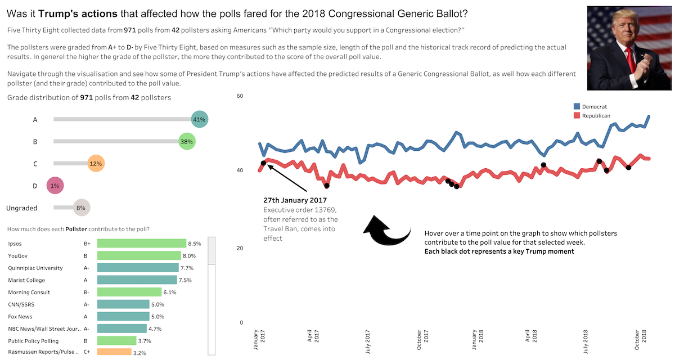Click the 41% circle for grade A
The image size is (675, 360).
199,119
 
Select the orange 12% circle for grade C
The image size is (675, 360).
95,164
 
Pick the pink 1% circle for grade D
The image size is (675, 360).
55,186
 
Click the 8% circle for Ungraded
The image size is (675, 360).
81,208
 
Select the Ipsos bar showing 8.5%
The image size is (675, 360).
142,244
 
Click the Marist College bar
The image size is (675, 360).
137,280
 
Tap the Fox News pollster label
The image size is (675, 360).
21,317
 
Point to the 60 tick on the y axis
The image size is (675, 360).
240,96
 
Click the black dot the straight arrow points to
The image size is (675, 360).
263,163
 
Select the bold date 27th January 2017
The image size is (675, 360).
295,200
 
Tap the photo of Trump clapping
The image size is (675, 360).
629,48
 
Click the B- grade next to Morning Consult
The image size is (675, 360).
87,292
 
